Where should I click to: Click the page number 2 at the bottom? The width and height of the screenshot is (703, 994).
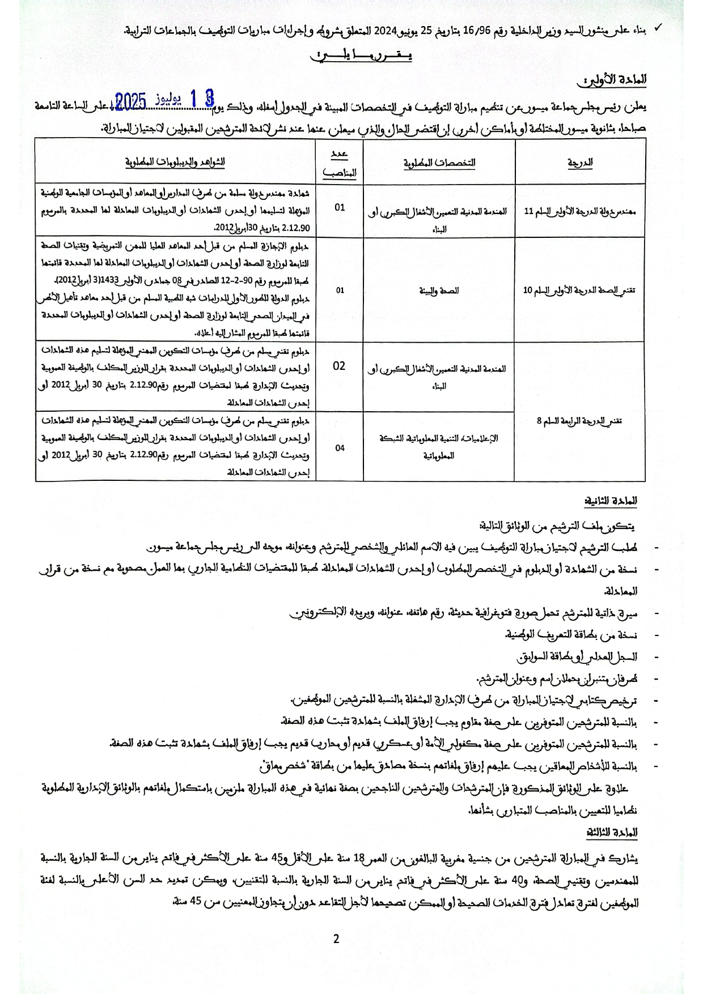point(336,939)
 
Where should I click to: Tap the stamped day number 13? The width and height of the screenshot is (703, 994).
point(202,98)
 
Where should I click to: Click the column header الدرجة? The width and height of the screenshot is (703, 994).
point(580,162)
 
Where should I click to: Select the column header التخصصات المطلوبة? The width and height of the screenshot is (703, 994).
point(439,163)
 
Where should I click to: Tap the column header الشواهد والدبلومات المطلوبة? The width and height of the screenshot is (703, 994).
point(175,161)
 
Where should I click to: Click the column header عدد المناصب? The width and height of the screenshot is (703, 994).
point(340,163)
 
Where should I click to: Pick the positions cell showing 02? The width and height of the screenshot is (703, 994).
point(339,366)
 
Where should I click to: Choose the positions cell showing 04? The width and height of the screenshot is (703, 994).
point(340,447)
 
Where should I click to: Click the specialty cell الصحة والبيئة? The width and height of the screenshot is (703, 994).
point(439,290)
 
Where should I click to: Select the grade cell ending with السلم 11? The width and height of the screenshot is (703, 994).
point(580,211)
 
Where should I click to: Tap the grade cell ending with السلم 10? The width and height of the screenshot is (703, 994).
point(580,290)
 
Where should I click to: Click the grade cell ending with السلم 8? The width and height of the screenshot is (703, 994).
point(580,421)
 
